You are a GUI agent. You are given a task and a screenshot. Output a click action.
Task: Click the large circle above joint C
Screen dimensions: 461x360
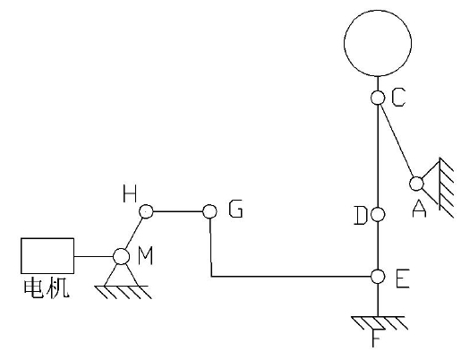pyautogui.click(x=378, y=11)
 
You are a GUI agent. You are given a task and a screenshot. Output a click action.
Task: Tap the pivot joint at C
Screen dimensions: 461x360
pyautogui.click(x=378, y=98)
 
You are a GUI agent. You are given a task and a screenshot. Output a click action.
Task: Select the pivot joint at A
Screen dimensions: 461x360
pyautogui.click(x=416, y=184)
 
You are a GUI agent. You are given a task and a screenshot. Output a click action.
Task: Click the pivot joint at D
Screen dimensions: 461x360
pyautogui.click(x=378, y=214)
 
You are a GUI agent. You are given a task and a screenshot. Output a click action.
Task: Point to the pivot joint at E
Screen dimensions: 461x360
pyautogui.click(x=378, y=277)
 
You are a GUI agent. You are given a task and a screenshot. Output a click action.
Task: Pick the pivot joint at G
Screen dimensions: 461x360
pyautogui.click(x=209, y=211)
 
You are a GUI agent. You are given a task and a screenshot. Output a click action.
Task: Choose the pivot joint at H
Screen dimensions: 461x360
pyautogui.click(x=146, y=211)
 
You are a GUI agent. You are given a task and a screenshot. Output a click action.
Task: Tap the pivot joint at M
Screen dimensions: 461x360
pyautogui.click(x=121, y=256)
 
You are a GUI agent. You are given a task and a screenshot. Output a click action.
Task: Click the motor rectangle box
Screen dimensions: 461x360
pyautogui.click(x=47, y=238)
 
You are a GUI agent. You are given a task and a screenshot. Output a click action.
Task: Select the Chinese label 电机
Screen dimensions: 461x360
pyautogui.click(x=47, y=288)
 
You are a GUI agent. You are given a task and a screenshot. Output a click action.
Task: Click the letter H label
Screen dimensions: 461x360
pyautogui.click(x=130, y=193)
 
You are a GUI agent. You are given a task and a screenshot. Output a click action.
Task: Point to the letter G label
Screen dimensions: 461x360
pyautogui.click(x=235, y=209)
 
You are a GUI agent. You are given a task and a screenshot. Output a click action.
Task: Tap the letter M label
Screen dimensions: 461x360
pyautogui.click(x=146, y=256)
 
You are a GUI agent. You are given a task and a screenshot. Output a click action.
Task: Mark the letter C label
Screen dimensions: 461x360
pyautogui.click(x=398, y=98)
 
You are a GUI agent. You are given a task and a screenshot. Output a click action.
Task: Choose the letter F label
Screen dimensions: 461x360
pyautogui.click(x=377, y=338)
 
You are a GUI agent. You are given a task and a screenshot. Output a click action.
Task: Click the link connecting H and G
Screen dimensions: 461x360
pyautogui.click(x=178, y=211)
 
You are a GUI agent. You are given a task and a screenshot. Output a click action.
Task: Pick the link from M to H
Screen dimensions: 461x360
pyautogui.click(x=133, y=234)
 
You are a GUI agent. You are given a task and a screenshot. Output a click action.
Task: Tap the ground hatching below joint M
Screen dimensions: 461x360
pyautogui.click(x=123, y=292)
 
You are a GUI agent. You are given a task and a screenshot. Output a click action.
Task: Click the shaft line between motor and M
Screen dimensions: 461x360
pyautogui.click(x=94, y=256)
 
